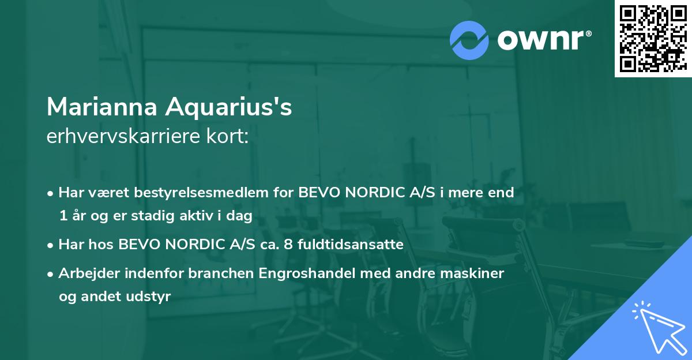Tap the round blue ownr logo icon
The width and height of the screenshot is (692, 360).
click(x=469, y=40)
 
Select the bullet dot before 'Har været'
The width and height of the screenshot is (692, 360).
click(x=51, y=193)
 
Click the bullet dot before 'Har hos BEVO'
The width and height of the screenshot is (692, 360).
click(x=51, y=245)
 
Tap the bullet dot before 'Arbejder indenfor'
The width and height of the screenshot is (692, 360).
click(x=51, y=273)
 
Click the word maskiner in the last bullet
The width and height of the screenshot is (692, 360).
click(x=477, y=273)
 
